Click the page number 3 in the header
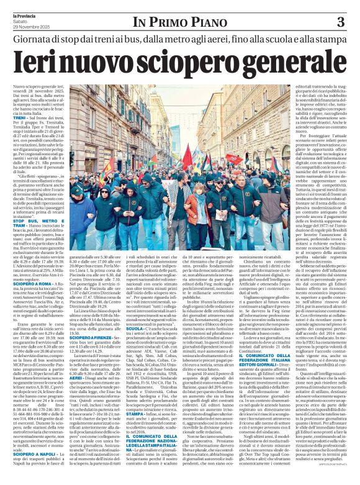click(x=341, y=23)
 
